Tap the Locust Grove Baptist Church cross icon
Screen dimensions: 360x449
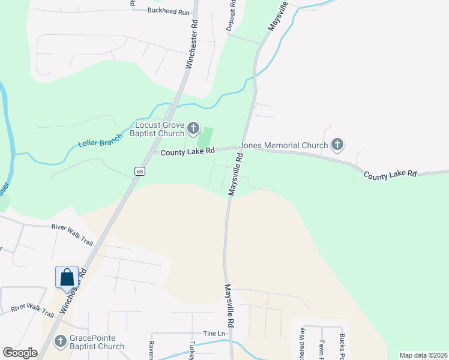(193, 127)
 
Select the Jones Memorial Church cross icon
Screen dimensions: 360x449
(337, 145)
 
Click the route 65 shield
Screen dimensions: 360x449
(140, 171)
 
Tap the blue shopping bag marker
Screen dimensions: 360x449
(67, 277)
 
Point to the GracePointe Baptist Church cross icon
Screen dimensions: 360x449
(60, 342)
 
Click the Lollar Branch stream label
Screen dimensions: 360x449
(100, 139)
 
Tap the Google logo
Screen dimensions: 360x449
(20, 353)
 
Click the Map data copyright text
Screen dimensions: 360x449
(423, 355)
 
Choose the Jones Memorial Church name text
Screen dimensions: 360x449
(284, 145)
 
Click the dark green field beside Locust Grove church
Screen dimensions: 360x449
(206, 137)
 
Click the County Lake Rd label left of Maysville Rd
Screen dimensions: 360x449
(187, 152)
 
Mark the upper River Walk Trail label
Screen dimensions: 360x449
(72, 235)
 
